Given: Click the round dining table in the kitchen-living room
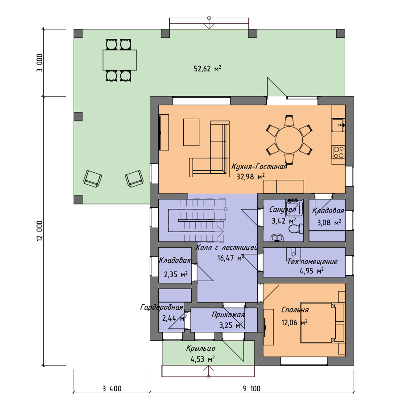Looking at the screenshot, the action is click(x=289, y=140).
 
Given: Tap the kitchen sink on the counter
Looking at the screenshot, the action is click(x=338, y=125).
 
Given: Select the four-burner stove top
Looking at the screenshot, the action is click(x=338, y=152).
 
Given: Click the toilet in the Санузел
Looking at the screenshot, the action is click(x=296, y=228).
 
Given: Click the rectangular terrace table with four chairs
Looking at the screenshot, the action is click(x=120, y=60).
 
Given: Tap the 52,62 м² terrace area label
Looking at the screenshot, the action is click(x=207, y=69).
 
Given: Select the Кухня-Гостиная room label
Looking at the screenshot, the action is click(x=259, y=167).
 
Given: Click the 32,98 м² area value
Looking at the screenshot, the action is click(x=251, y=177).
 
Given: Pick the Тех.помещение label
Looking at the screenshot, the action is click(x=312, y=261).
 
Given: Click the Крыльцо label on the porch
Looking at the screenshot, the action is click(x=201, y=349).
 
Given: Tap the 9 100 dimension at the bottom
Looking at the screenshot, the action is click(x=252, y=389).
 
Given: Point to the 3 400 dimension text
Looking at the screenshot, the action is click(x=112, y=389).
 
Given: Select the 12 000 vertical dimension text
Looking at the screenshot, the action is click(x=39, y=231).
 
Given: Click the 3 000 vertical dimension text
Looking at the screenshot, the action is click(x=39, y=63).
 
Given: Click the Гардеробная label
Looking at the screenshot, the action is click(x=161, y=307).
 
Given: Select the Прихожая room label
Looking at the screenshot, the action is click(x=228, y=315).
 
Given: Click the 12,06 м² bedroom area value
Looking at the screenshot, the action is click(x=294, y=323).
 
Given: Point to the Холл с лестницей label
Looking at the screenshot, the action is click(x=227, y=248).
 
